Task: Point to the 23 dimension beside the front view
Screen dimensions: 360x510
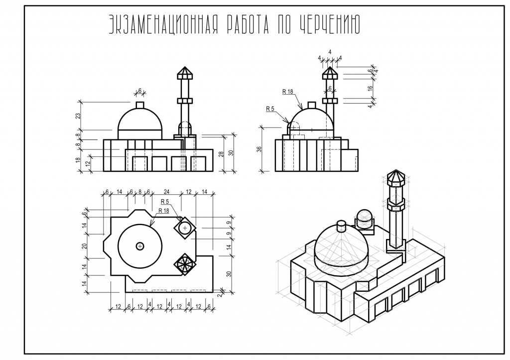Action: pos(78,116)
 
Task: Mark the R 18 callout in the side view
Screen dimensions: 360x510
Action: pos(287,92)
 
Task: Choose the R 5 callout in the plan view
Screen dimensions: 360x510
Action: pos(165,202)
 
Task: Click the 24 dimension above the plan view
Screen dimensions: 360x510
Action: pos(166,192)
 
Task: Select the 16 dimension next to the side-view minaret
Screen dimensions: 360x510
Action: pos(370,88)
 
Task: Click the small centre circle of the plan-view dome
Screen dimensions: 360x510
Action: pos(140,246)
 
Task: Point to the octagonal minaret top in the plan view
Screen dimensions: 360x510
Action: pos(185,264)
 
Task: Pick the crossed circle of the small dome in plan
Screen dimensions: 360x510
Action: pos(185,228)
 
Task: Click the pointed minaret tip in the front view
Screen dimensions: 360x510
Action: pos(184,72)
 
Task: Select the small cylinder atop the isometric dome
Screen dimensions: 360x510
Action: pos(341,226)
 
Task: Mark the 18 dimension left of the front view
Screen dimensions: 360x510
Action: pos(78,160)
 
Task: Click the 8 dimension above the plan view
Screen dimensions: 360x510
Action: pos(140,192)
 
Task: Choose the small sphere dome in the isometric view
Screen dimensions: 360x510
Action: pos(364,217)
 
